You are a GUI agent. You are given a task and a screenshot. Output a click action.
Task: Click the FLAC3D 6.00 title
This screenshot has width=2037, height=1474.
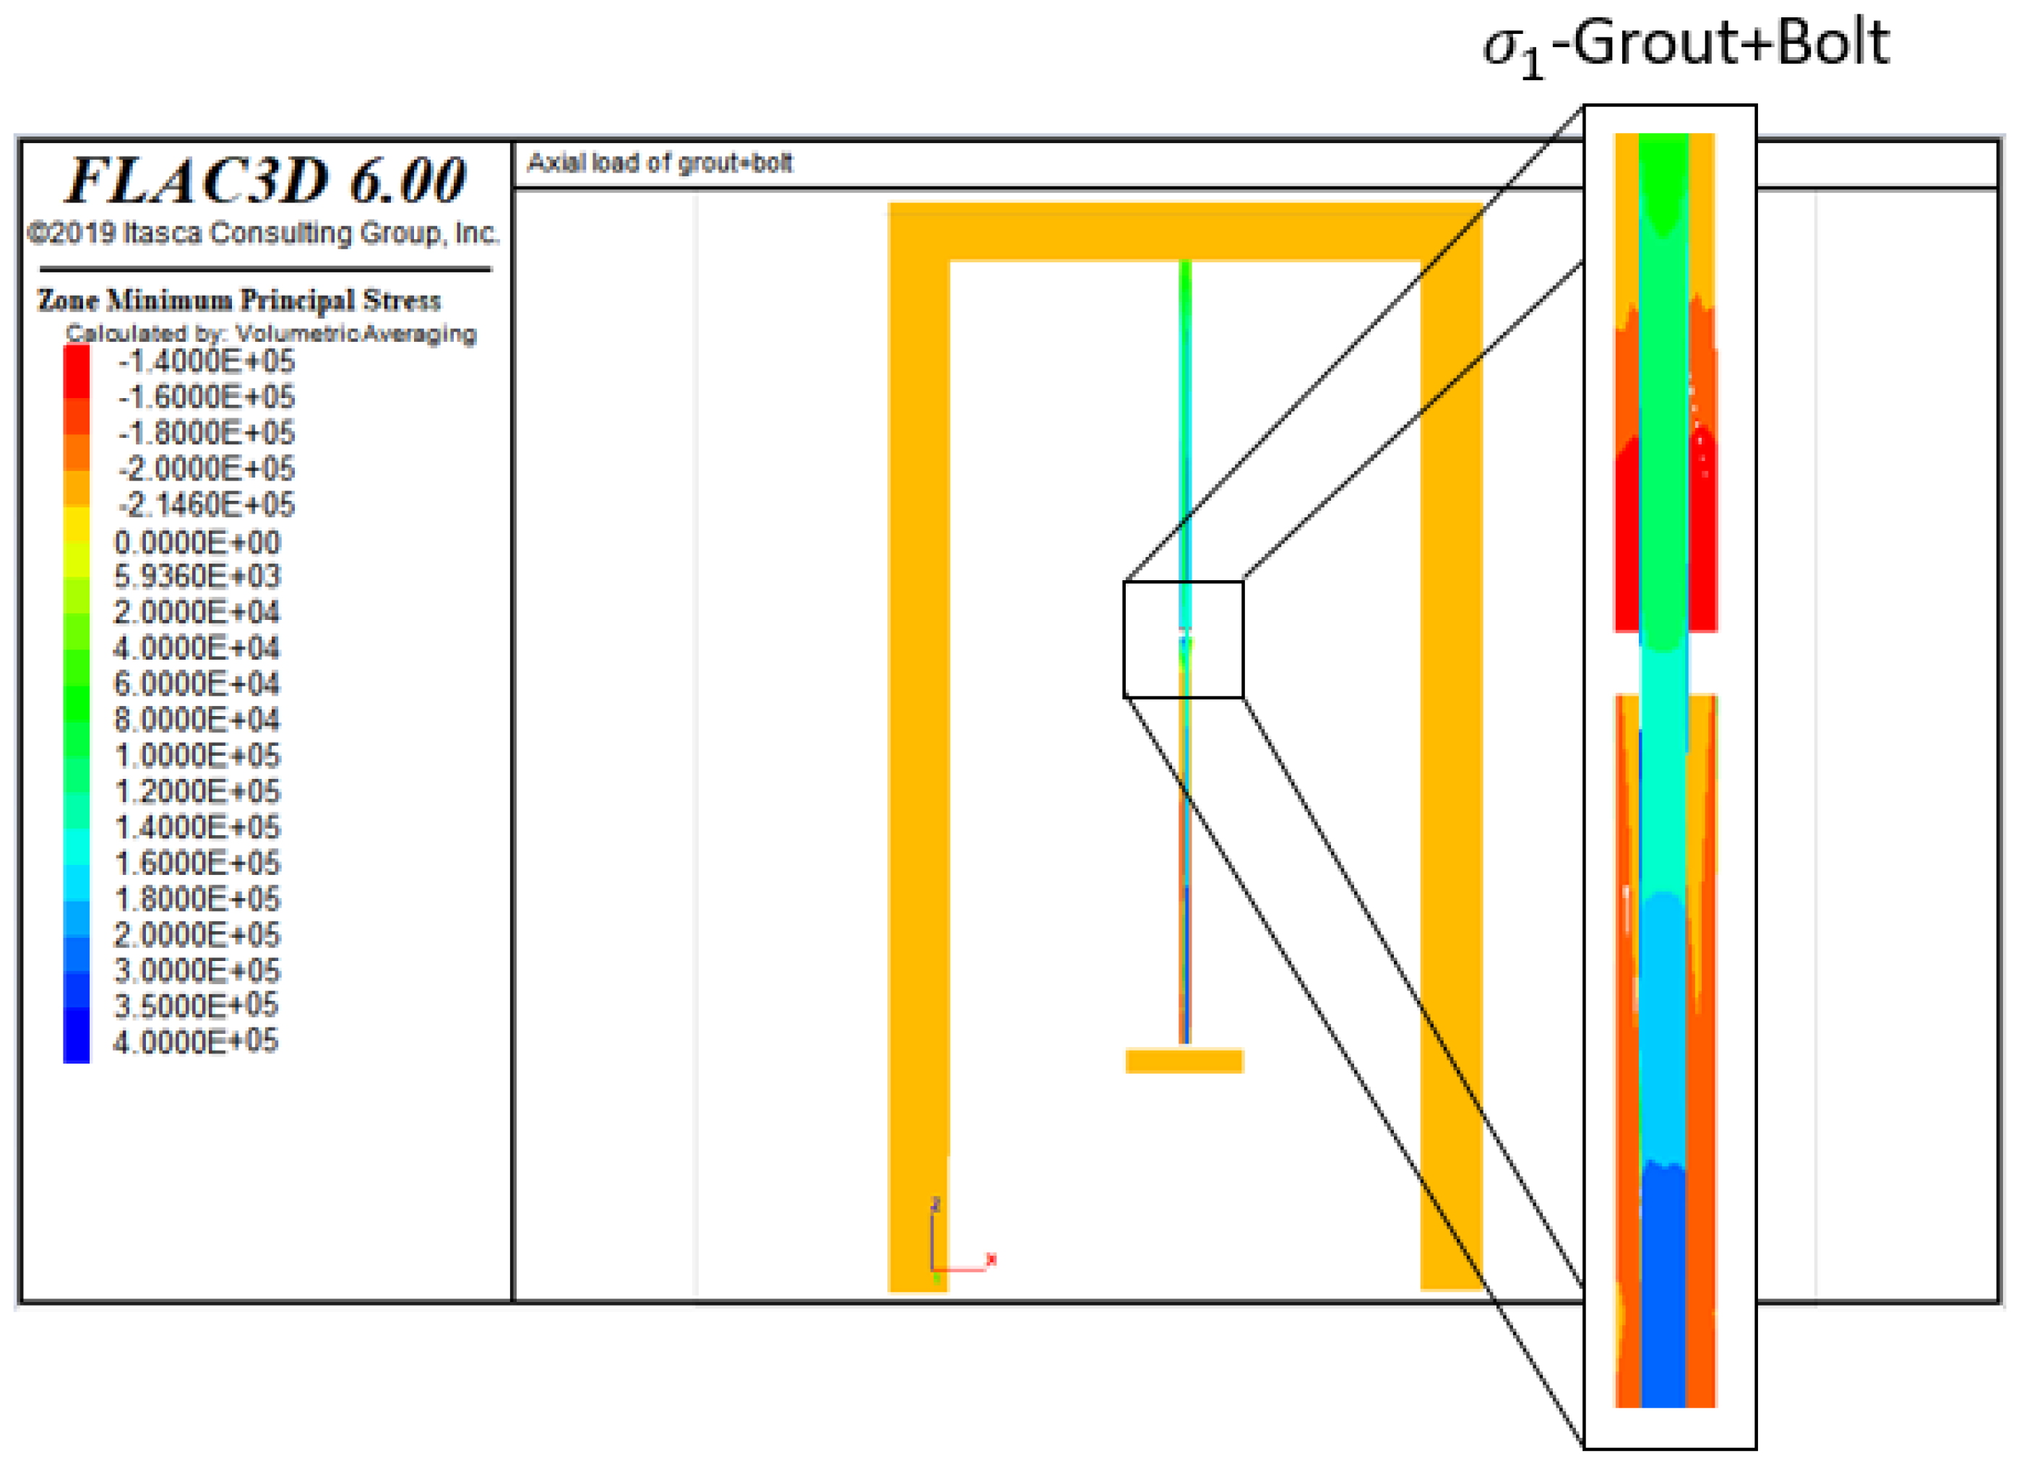tap(267, 181)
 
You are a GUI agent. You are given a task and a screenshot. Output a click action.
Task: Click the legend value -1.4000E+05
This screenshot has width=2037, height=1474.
tap(206, 362)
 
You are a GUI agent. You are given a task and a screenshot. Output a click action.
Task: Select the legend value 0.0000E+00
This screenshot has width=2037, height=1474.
tap(197, 543)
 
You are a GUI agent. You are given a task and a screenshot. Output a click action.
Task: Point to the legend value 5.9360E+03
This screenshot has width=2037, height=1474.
tap(197, 577)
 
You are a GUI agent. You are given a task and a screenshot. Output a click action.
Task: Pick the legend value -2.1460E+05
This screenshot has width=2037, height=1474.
tap(206, 506)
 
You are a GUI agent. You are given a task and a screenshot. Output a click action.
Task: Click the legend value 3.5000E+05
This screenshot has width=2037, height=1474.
tap(196, 1006)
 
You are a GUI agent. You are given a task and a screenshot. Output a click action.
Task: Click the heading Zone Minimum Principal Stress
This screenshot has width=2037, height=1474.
tap(239, 300)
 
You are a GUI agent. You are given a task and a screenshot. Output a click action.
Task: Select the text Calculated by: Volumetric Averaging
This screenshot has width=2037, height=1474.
tap(270, 334)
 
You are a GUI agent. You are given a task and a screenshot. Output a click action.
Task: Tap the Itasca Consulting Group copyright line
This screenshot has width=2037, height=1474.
tap(263, 233)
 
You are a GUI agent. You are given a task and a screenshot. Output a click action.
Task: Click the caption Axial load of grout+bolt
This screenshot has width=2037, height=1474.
tap(659, 163)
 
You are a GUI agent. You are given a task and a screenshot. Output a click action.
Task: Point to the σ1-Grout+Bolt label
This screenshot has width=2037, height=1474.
tap(1685, 45)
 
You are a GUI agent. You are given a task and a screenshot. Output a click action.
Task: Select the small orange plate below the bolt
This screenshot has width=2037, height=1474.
tap(1184, 1061)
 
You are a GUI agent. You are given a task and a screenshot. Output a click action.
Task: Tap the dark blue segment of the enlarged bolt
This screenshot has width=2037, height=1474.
tap(1663, 1285)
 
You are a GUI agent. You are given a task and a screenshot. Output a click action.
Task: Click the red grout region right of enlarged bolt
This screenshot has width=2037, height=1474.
tap(1702, 539)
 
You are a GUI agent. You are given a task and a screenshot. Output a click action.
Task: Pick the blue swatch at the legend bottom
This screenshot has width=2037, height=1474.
tap(77, 1042)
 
